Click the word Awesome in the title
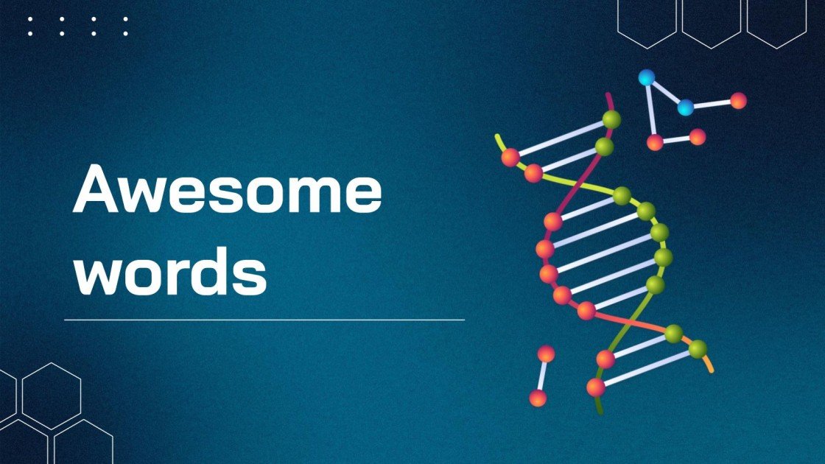(227, 189)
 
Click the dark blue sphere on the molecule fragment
(647, 77)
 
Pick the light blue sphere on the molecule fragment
(686, 108)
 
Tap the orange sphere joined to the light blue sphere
(738, 101)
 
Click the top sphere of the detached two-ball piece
(546, 354)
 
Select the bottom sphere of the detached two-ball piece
(538, 398)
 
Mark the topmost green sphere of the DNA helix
(611, 119)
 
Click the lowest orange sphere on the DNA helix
(596, 387)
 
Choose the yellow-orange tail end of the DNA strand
(710, 368)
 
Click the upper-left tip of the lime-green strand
(497, 137)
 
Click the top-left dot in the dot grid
(30, 19)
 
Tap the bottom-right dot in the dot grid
(125, 34)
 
